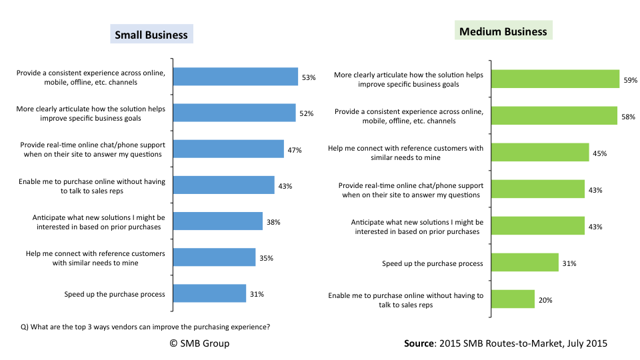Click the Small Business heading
(x=151, y=35)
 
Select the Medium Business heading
(x=503, y=31)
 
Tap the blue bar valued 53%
(x=235, y=77)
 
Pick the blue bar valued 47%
(x=229, y=149)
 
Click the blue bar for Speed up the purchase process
(x=209, y=293)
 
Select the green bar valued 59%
(x=555, y=79)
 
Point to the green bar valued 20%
(x=513, y=299)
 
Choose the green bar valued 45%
(x=540, y=153)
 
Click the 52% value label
(x=306, y=113)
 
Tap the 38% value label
(x=273, y=222)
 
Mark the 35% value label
(x=266, y=258)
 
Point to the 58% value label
(x=627, y=117)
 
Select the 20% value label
(x=545, y=300)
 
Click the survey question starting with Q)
(x=145, y=327)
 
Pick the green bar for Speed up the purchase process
(x=525, y=263)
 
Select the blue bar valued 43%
(x=224, y=185)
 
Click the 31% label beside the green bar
(x=569, y=263)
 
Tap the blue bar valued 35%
(x=214, y=257)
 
